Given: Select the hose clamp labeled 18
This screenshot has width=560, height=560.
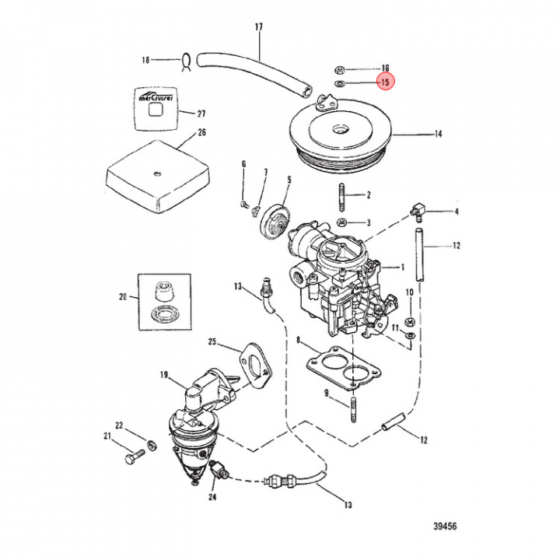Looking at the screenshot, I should point(187,60).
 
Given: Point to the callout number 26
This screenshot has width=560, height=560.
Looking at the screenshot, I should point(201,132).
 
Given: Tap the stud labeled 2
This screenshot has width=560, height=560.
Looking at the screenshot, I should point(342,198).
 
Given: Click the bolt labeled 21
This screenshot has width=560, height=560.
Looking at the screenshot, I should point(133,457).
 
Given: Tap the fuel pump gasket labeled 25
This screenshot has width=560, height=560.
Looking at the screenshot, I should point(254,362).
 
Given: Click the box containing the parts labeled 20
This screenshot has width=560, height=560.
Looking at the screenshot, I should point(164,301).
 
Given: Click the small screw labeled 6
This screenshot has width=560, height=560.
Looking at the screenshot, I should point(244,205).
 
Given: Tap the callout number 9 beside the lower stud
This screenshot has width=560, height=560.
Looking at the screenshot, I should point(327,393).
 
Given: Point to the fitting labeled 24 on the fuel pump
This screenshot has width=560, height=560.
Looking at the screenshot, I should point(221,470).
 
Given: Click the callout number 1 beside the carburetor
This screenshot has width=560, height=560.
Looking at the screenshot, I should point(403,267).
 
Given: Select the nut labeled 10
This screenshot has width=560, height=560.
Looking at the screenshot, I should point(410,320).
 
